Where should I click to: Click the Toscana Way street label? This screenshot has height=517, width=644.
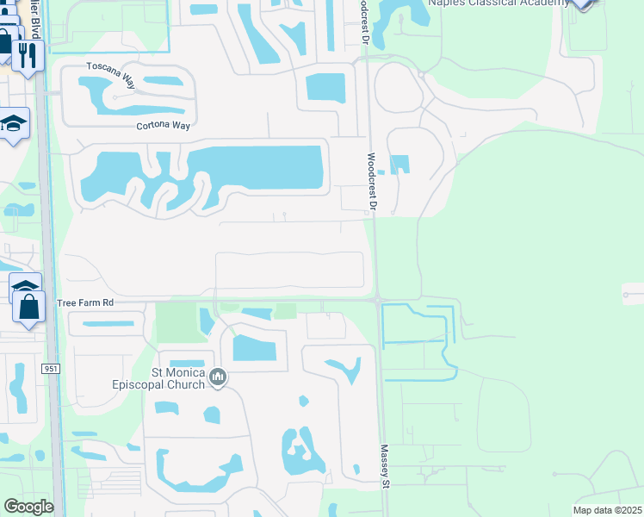[110, 75]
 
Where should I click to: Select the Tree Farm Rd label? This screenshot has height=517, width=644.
[85, 303]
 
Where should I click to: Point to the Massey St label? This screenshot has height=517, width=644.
[386, 466]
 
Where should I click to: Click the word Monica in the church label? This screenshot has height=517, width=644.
[186, 372]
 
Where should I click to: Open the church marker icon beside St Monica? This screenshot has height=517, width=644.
[219, 377]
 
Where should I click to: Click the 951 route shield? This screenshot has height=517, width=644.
[50, 368]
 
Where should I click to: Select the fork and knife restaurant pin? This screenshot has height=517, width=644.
[27, 55]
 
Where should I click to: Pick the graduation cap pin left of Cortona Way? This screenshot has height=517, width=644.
[14, 124]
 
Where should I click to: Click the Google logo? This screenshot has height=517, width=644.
[28, 507]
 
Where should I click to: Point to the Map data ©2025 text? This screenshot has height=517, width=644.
[606, 510]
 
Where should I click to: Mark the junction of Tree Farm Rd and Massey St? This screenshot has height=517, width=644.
[379, 301]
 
